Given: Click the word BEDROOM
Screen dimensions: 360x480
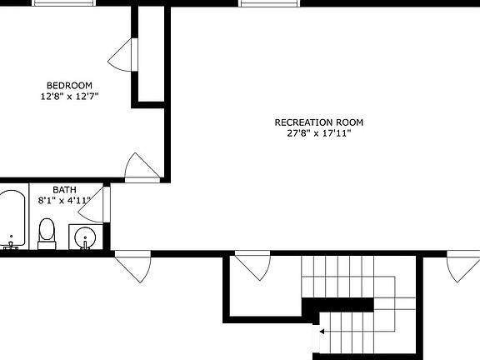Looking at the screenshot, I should click(x=68, y=85).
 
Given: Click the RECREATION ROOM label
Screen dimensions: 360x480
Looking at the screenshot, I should click(x=319, y=122).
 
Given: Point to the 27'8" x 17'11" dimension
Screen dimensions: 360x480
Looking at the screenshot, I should click(x=319, y=133).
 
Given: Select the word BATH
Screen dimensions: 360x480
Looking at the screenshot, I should click(x=64, y=189).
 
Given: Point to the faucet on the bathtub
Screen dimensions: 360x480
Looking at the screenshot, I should click(x=11, y=245).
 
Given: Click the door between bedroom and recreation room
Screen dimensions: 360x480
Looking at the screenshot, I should click(x=140, y=167).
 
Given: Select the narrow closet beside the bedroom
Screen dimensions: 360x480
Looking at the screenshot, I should click(x=147, y=54).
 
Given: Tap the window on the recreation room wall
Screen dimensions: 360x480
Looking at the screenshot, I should click(x=268, y=2).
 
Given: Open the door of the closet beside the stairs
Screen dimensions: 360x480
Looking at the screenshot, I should click(x=251, y=266).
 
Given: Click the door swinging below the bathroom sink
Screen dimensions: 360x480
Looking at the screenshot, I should click(x=132, y=267).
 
